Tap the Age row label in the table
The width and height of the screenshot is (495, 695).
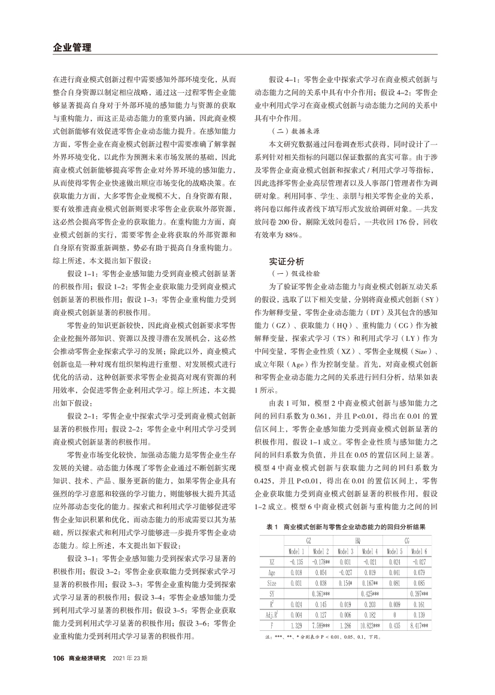(272, 572)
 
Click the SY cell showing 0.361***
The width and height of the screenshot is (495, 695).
(322, 593)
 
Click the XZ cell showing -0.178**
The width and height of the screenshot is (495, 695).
(322, 561)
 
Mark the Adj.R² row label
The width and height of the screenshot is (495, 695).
(272, 615)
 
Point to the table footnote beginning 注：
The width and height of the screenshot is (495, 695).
(323, 637)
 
